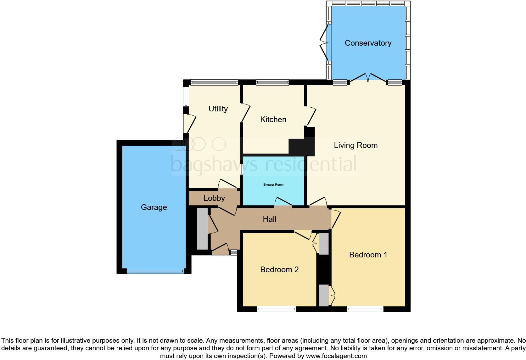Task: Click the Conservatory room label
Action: [x=368, y=43]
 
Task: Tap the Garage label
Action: [x=154, y=207]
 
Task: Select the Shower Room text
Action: [x=273, y=185]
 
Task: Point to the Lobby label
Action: [x=214, y=198]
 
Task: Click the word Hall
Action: [x=270, y=219]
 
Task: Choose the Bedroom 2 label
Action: [x=279, y=270]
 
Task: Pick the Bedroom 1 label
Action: [x=368, y=255]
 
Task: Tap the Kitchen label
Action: [x=273, y=120]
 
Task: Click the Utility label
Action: [x=218, y=109]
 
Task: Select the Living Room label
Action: [x=355, y=145]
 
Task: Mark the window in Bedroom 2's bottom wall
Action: [x=277, y=309]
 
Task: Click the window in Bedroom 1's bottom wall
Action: [x=365, y=309]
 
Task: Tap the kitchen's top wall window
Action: [x=272, y=83]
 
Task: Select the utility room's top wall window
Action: [x=214, y=83]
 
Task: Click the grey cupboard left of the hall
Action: [x=203, y=229]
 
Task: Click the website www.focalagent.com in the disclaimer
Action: [x=336, y=356]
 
